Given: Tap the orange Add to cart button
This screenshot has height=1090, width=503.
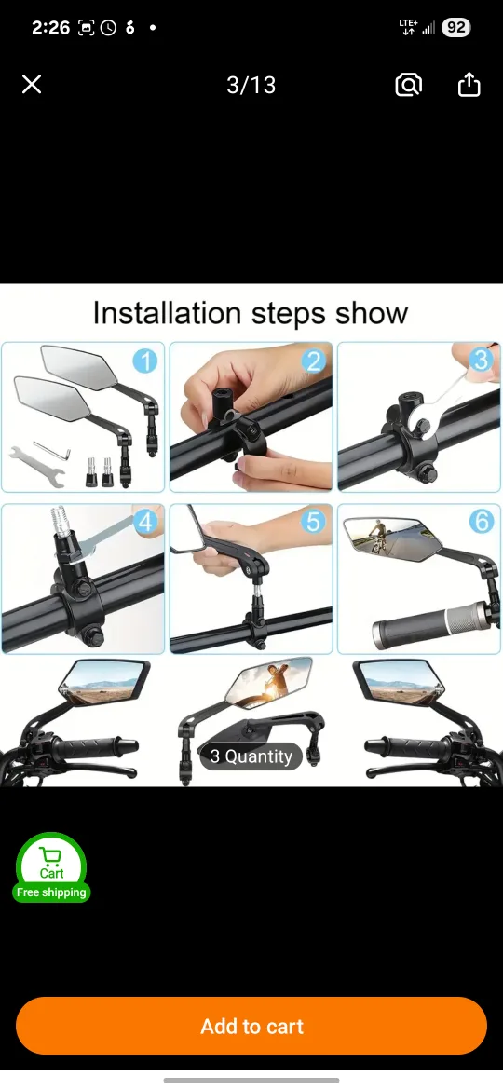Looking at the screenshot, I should [251, 1026].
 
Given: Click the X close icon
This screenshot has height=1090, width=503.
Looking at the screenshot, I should [32, 85].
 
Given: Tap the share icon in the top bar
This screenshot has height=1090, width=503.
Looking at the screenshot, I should [469, 85].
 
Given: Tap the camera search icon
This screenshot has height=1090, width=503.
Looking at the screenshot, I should [408, 85].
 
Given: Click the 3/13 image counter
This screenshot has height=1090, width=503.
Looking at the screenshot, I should [251, 85].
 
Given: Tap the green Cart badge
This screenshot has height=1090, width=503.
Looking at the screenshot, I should [51, 863].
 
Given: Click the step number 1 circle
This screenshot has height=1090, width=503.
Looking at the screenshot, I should [144, 360].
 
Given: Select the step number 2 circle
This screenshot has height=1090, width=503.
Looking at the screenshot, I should [313, 361].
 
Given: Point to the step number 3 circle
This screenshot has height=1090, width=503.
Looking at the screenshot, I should [481, 360].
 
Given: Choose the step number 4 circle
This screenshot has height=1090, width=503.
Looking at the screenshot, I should [145, 522].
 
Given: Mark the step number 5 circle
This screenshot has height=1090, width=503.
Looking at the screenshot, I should [313, 522].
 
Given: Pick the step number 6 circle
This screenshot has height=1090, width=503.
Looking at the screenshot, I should [481, 522].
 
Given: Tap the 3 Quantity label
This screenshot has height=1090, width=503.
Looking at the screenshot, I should [251, 756].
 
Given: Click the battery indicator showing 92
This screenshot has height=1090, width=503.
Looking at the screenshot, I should [455, 28].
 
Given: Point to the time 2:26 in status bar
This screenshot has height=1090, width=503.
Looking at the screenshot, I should [50, 28].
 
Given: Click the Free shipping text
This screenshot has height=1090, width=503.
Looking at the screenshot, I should [51, 892].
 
